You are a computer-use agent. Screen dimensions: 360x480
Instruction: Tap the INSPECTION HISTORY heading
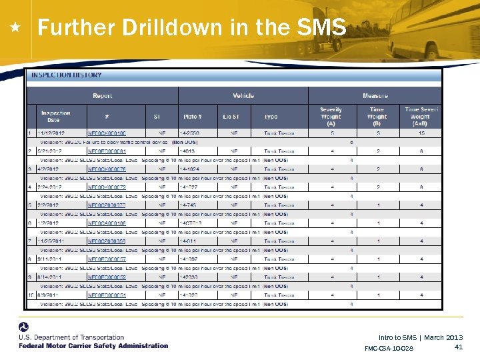[x=67, y=75]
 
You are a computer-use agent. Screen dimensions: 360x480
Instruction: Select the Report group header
[x=102, y=96]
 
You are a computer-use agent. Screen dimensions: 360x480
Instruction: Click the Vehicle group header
[x=243, y=96]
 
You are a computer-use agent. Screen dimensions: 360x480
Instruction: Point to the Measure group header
[x=375, y=96]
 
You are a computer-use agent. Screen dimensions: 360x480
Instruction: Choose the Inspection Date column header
[x=55, y=117]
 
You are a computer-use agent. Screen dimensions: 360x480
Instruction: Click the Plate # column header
[x=194, y=117]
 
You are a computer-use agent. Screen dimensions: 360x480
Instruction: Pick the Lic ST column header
[x=231, y=117]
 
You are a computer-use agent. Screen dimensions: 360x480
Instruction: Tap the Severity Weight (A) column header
[x=331, y=117]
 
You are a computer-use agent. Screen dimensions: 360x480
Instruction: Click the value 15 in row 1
[x=421, y=133]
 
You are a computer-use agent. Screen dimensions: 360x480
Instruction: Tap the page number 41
[x=458, y=347]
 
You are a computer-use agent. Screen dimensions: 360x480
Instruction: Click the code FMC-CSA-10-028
[x=389, y=349]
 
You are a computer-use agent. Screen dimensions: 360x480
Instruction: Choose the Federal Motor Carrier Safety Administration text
[x=93, y=346]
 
